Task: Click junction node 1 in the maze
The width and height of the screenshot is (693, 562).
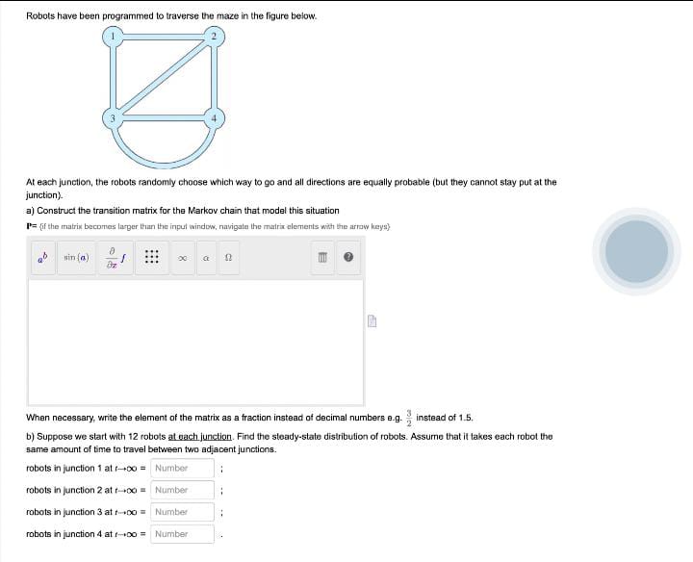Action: tap(114, 38)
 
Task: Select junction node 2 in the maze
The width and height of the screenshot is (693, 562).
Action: tap(216, 38)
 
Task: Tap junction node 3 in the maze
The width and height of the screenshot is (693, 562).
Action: tap(114, 117)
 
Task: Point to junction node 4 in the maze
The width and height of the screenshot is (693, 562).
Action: tap(216, 117)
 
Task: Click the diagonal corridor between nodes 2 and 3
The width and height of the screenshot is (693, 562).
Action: tap(165, 77)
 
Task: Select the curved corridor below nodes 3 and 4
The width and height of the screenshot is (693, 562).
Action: tap(165, 158)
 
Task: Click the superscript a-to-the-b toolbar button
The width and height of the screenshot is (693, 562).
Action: tap(40, 258)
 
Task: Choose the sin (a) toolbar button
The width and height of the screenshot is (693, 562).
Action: tap(76, 258)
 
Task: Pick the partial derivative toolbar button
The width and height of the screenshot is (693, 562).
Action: tap(114, 258)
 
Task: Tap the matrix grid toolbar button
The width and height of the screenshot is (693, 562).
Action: tap(151, 258)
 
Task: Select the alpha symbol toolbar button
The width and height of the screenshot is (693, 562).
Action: tap(206, 258)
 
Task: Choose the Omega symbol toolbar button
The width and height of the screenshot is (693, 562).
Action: tap(228, 258)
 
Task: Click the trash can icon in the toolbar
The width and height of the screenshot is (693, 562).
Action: tap(325, 258)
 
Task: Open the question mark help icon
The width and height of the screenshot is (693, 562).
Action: tap(349, 258)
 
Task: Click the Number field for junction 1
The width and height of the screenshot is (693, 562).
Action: tap(182, 469)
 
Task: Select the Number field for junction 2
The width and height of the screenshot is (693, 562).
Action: tap(182, 490)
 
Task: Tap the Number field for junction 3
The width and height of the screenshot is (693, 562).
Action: tap(182, 512)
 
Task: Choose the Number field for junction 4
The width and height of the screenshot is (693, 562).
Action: tap(182, 534)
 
